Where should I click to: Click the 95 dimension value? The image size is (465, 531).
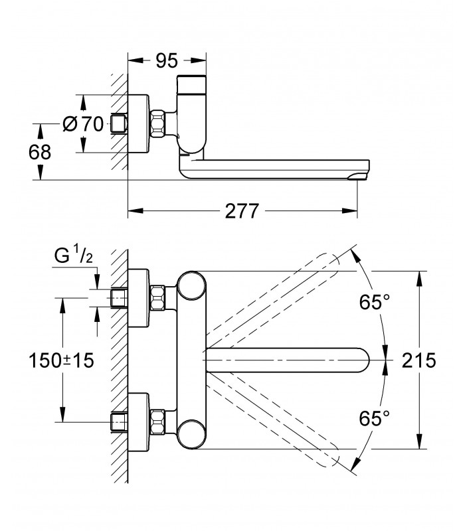[x=167, y=61]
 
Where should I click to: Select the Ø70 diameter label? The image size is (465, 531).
[x=83, y=123]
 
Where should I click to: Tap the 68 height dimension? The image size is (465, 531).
[x=40, y=152]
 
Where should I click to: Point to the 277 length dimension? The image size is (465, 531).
[x=242, y=211]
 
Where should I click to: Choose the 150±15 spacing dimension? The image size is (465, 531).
[x=61, y=360]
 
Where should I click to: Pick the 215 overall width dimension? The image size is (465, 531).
[x=419, y=360]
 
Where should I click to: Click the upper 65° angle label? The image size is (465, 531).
[x=375, y=302]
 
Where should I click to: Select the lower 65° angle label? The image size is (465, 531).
[x=375, y=418]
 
